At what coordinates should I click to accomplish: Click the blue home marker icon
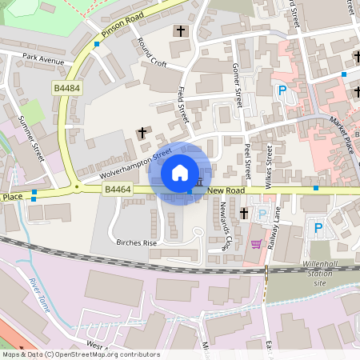tap(180, 172)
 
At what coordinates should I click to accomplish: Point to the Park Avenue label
tap(43, 58)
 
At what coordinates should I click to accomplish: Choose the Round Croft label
tap(152, 53)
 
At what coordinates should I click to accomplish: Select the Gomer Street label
tap(236, 86)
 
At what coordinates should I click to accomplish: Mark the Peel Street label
tap(248, 161)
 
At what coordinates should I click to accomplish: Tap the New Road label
tap(225, 190)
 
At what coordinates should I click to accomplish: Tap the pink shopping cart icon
tap(257, 243)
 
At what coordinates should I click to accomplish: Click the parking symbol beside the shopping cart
tap(262, 214)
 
